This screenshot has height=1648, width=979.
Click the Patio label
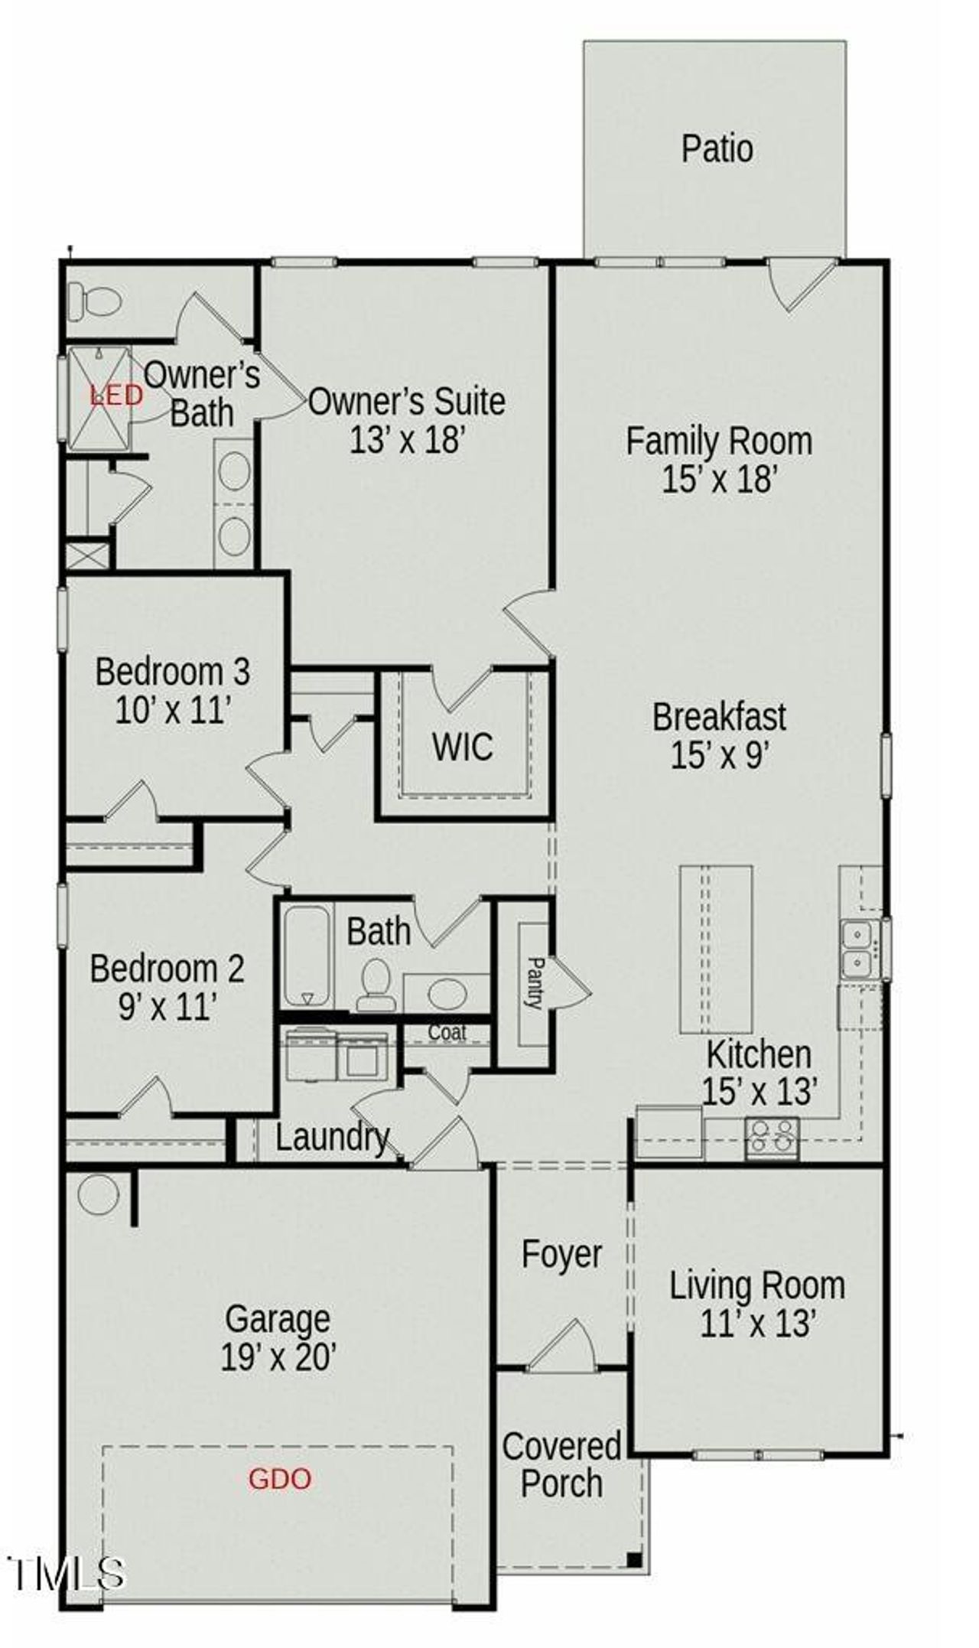pos(717,148)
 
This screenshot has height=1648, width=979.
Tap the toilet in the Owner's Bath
pos(94,301)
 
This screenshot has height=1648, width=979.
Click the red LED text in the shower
pos(116,396)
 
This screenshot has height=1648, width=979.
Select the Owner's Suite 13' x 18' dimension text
pos(407,440)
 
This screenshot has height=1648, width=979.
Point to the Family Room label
pos(719,441)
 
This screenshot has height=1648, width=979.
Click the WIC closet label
pos(462,747)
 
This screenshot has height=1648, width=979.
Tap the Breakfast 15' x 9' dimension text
pos(719,757)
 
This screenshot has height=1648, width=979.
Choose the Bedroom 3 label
pos(172,672)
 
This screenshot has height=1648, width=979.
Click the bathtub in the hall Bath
pos(307,957)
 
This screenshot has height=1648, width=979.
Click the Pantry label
pos(534,982)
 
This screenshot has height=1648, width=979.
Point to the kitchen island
pos(716,949)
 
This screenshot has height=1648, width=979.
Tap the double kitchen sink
pos(859,949)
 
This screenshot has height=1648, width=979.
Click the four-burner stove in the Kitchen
pos(772,1136)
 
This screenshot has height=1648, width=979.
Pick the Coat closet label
pos(447,1032)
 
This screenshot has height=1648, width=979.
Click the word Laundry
pos(332,1137)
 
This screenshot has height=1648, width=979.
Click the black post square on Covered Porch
pos(633,1558)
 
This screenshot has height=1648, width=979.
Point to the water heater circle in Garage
pos(99,1194)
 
